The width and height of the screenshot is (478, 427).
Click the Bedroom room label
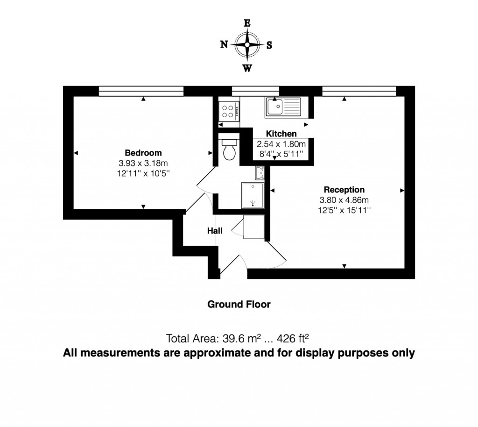pyautogui.click(x=143, y=153)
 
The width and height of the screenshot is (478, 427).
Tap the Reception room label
pyautogui.click(x=344, y=190)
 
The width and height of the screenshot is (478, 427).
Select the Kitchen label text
pyautogui.click(x=281, y=134)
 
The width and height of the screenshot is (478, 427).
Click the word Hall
pyautogui.click(x=215, y=231)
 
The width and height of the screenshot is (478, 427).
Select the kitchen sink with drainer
pyautogui.click(x=283, y=107)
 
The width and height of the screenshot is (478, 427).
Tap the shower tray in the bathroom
pyautogui.click(x=253, y=195)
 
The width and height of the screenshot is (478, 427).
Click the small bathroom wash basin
pyautogui.click(x=260, y=173)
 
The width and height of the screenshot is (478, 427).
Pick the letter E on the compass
pyautogui.click(x=247, y=23)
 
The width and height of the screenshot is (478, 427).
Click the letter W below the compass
pyautogui.click(x=247, y=68)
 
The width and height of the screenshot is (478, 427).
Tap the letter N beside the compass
pyautogui.click(x=224, y=45)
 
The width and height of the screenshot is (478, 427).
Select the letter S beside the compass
pyautogui.click(x=269, y=45)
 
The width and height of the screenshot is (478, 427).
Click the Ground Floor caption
pyautogui.click(x=239, y=304)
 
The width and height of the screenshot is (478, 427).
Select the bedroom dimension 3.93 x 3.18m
pyautogui.click(x=143, y=163)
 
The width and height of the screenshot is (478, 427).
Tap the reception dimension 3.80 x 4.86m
pyautogui.click(x=344, y=200)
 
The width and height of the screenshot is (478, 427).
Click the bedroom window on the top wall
pyautogui.click(x=141, y=91)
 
